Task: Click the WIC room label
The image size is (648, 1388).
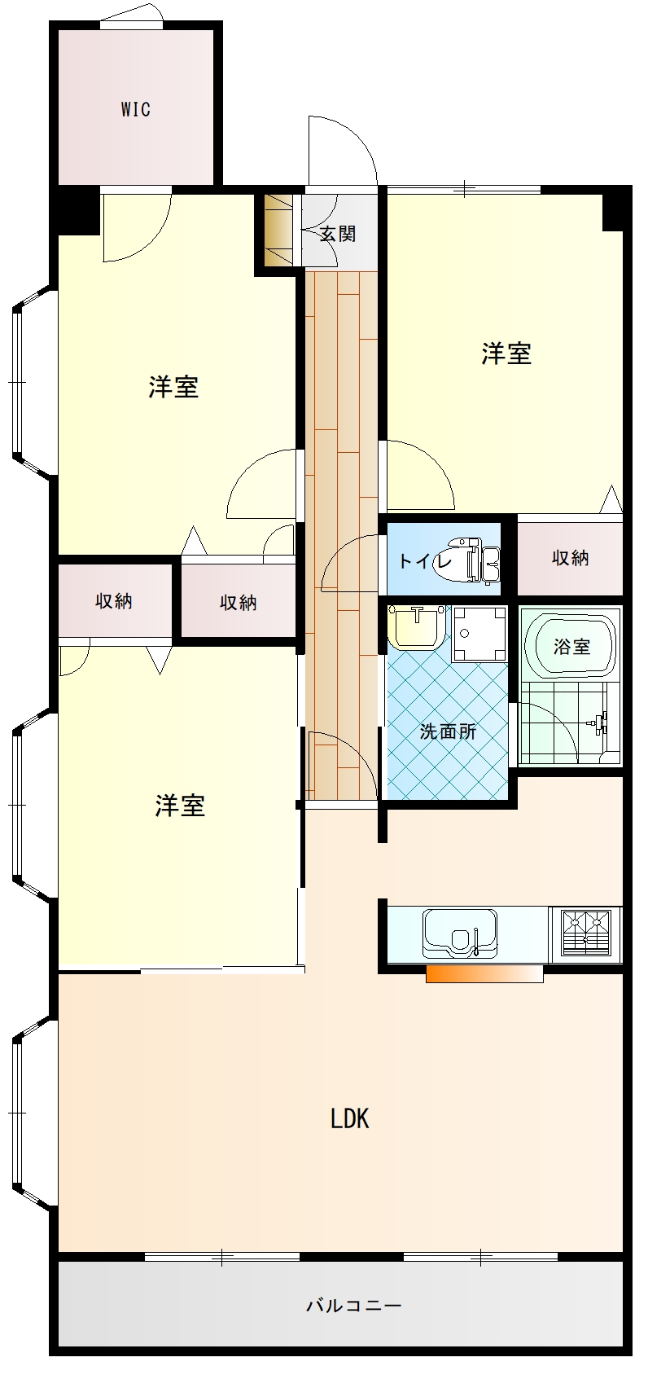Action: (136, 109)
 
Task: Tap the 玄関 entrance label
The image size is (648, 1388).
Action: (336, 235)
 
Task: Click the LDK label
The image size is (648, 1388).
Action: (350, 1118)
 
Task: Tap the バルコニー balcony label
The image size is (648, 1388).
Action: (353, 1306)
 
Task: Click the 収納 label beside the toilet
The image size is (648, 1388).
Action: (570, 558)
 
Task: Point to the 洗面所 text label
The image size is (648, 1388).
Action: (448, 731)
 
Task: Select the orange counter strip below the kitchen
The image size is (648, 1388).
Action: (484, 974)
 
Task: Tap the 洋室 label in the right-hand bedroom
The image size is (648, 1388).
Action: (506, 354)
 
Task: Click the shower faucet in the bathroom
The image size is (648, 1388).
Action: (600, 722)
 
